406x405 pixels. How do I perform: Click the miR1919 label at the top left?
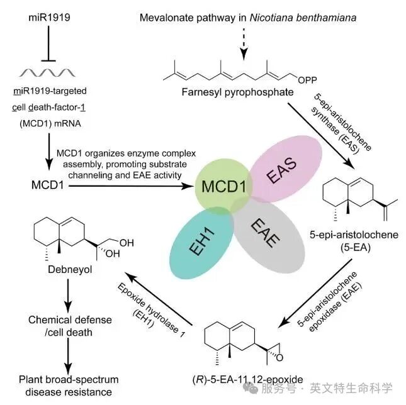click(x=49, y=18)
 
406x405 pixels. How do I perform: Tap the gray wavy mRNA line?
click(x=47, y=73)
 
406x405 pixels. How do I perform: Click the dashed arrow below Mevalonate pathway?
click(x=244, y=44)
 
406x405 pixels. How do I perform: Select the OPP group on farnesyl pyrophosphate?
click(x=307, y=80)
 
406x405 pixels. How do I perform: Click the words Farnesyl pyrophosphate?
click(x=237, y=92)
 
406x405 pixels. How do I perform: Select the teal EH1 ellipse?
click(x=201, y=243)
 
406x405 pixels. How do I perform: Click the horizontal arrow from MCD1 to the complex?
click(x=132, y=186)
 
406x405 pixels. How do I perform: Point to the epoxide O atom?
click(x=279, y=358)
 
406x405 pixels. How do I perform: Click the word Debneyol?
click(x=70, y=270)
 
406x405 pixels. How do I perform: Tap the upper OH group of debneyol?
click(x=127, y=243)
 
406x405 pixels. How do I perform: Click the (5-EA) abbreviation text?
click(x=355, y=248)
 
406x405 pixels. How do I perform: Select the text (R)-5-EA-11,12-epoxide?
click(x=248, y=379)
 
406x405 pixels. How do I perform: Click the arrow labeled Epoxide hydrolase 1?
click(x=159, y=299)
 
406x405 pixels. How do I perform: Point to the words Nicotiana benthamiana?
click(x=303, y=18)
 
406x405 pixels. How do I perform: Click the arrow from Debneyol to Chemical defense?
click(x=68, y=296)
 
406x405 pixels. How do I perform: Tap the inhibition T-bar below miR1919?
click(x=48, y=43)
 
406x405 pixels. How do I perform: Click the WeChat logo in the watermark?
click(x=251, y=388)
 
